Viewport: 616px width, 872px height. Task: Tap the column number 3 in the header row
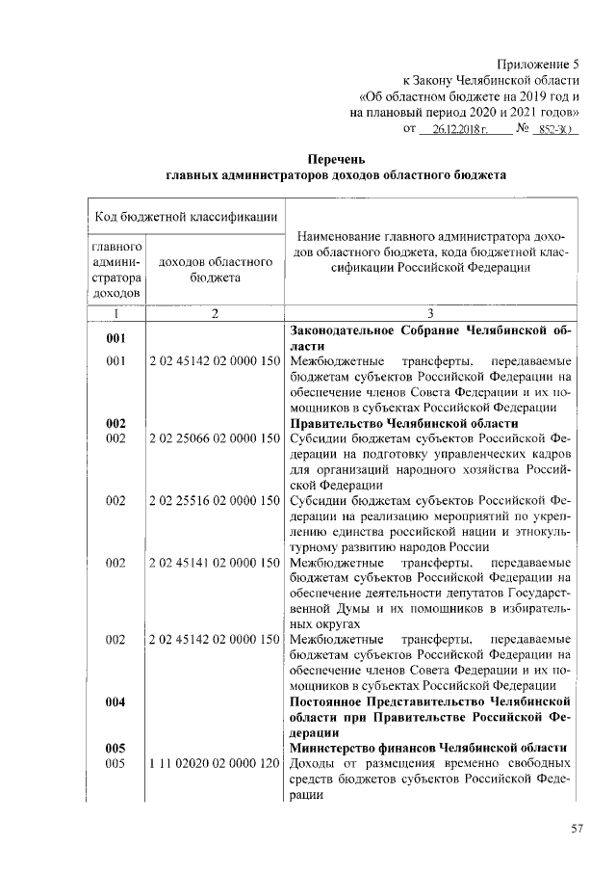click(x=429, y=313)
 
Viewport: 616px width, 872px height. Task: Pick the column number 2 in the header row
click(x=213, y=313)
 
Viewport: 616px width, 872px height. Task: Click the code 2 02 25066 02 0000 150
click(x=214, y=438)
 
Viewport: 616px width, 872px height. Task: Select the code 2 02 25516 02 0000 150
click(x=214, y=500)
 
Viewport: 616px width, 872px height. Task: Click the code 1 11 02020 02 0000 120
click(x=214, y=763)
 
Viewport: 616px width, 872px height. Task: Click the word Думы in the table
click(x=333, y=608)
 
